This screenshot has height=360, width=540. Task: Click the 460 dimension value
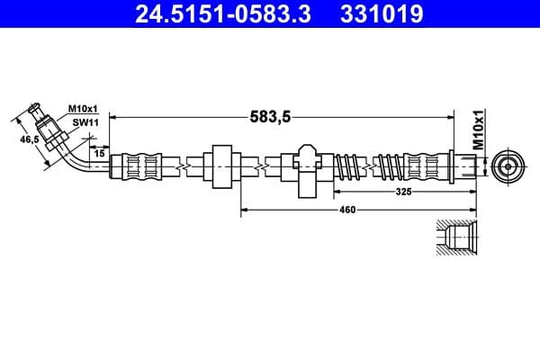tap(347, 210)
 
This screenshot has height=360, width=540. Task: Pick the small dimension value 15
tap(98, 153)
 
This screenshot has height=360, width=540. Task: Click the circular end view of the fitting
tap(505, 166)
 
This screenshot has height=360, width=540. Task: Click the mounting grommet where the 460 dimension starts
tap(222, 166)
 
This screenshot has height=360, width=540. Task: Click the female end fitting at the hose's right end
tap(463, 166)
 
